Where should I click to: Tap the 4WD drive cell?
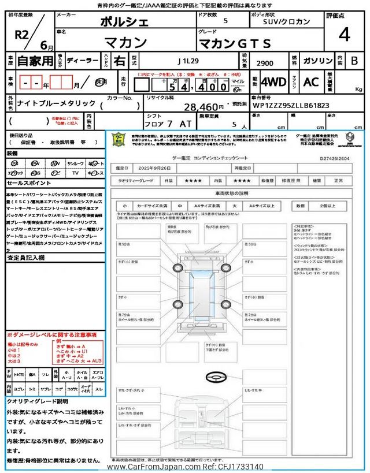tap(273, 83)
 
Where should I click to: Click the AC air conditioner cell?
tap(310, 83)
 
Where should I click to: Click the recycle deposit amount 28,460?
tap(203, 107)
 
